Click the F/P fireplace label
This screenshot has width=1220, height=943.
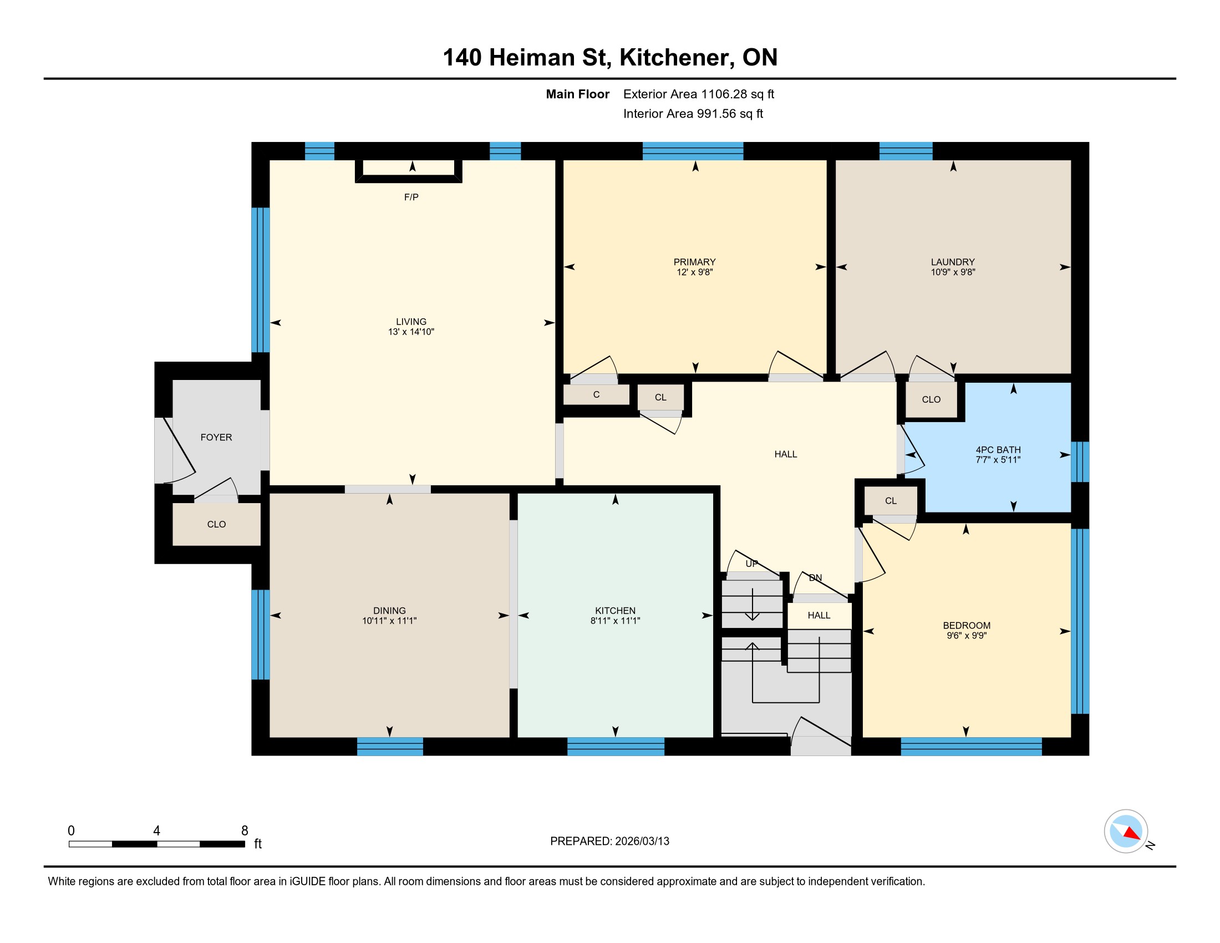[x=411, y=197]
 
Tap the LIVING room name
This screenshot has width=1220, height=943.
[x=411, y=321]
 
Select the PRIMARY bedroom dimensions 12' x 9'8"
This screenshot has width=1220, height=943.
[x=694, y=272]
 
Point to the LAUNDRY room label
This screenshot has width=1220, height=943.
[x=952, y=261]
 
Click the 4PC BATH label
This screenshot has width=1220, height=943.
[x=998, y=449]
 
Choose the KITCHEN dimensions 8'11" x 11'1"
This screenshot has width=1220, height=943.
[x=615, y=620]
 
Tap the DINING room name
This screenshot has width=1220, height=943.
[x=389, y=610]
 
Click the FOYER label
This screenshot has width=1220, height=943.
[x=216, y=437]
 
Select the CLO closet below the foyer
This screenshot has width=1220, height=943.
[x=216, y=524]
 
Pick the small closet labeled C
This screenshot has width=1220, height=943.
[x=596, y=394]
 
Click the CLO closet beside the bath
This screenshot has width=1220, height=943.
[x=931, y=399]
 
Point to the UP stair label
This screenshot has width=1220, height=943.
[x=752, y=563]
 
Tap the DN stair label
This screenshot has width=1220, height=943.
[x=815, y=577]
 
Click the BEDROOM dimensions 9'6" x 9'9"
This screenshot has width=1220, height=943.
[x=967, y=635]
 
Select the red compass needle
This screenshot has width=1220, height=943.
[x=1132, y=834]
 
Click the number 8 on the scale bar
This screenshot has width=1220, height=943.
[x=244, y=830]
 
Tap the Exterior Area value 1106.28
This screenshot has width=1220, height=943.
[x=724, y=94]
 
